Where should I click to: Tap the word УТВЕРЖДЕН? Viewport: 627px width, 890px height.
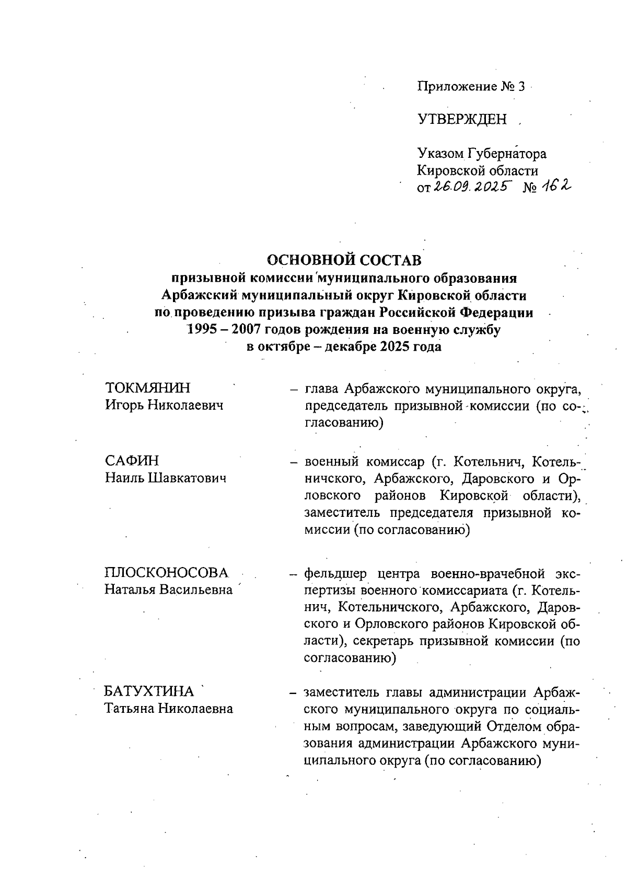(x=462, y=120)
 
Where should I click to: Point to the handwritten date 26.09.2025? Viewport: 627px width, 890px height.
(x=469, y=187)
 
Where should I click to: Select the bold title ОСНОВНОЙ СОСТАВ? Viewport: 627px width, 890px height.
(x=344, y=260)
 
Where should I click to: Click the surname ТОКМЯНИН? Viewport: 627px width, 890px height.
(x=148, y=388)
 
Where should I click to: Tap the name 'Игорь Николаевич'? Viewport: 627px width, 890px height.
(x=164, y=404)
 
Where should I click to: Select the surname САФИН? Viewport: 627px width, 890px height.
(x=132, y=461)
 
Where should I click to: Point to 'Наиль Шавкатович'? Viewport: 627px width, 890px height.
(x=166, y=478)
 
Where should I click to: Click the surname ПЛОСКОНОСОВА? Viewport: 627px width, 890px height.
(x=167, y=572)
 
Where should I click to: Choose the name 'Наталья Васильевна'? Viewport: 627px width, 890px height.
(x=168, y=590)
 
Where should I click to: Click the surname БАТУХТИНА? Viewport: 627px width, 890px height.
(x=149, y=691)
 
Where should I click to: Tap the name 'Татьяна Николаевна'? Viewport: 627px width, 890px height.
(x=168, y=709)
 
